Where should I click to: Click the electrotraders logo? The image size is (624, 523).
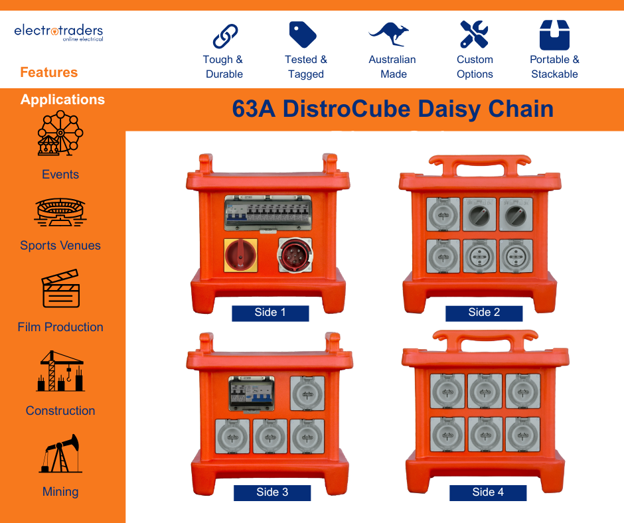[58, 33]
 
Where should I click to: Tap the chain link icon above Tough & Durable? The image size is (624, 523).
[224, 35]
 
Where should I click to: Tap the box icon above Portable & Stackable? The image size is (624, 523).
[554, 35]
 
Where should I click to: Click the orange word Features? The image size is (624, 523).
[48, 72]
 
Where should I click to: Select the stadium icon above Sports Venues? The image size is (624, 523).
[60, 212]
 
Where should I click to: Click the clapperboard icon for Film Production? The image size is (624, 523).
[60, 289]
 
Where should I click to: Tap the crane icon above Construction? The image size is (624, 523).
[60, 371]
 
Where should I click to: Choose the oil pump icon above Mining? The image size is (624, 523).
[60, 454]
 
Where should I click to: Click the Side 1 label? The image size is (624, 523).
[270, 313]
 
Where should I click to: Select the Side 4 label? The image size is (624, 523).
[488, 492]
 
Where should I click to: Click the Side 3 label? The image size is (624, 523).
[272, 492]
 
